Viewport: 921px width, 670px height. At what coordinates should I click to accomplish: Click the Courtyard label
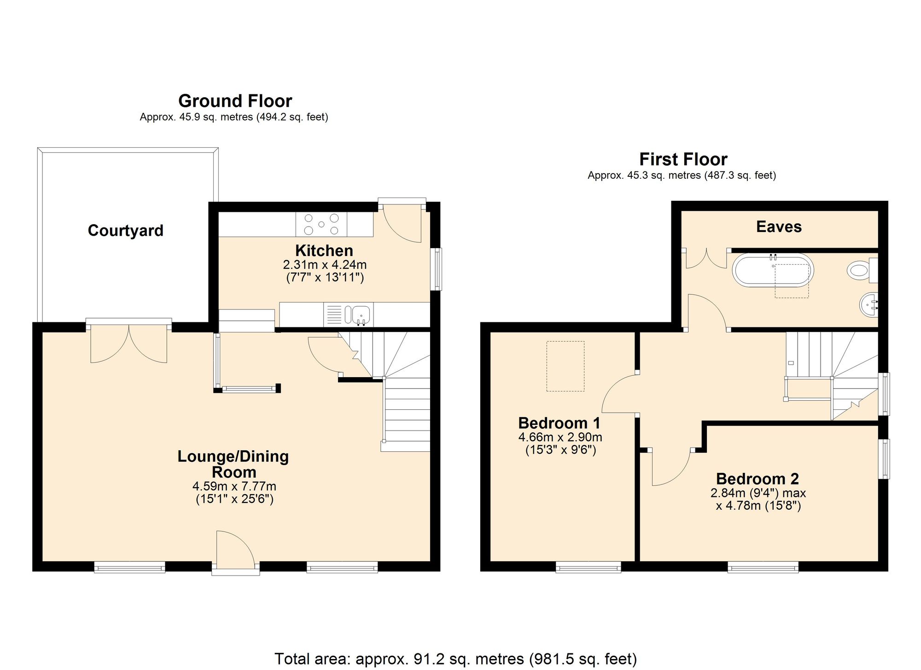(125, 230)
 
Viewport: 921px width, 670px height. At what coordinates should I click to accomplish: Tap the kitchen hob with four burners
(321, 224)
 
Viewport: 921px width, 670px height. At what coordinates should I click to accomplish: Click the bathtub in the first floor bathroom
(773, 270)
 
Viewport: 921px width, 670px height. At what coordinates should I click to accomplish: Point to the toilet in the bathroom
(862, 270)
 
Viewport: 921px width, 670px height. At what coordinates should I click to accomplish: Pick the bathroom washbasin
(869, 304)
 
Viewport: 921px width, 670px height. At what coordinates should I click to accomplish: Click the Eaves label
(779, 227)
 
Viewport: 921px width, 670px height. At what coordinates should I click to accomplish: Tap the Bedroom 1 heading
(560, 423)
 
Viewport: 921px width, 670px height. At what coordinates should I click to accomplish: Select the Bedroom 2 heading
(758, 479)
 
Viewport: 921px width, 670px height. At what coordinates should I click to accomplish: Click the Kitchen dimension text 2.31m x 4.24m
(325, 265)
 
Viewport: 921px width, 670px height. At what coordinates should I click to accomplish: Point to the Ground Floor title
(235, 101)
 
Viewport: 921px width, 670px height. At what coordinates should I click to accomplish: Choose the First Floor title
(683, 159)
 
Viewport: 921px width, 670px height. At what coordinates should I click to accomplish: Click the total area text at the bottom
(456, 659)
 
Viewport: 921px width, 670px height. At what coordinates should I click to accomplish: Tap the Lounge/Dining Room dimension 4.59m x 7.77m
(234, 486)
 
